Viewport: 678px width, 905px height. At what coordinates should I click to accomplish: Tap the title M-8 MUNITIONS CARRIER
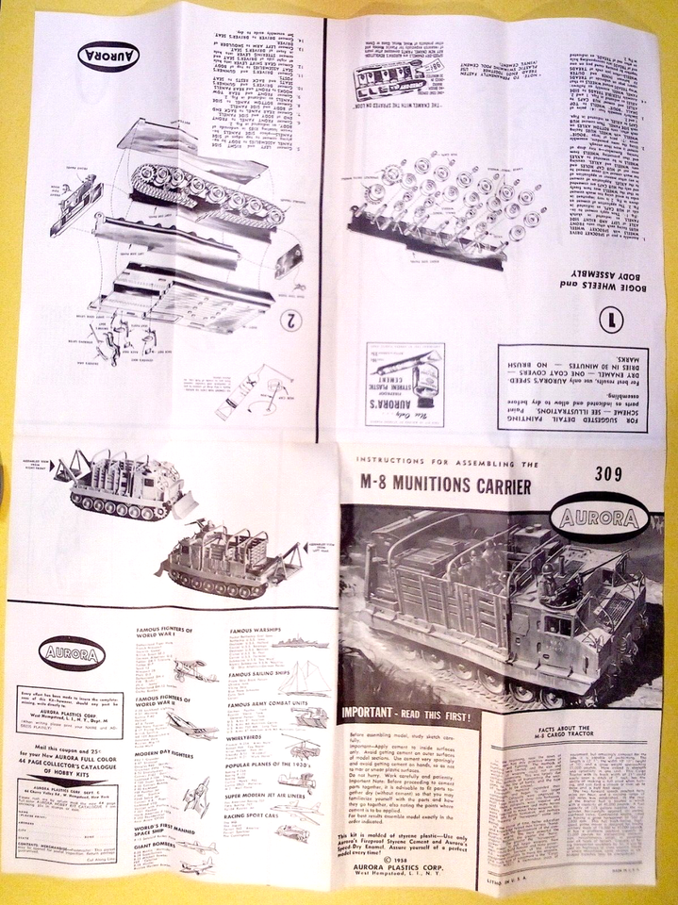pyautogui.click(x=438, y=486)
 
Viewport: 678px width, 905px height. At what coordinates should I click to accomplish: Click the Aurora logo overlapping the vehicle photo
pyautogui.click(x=600, y=519)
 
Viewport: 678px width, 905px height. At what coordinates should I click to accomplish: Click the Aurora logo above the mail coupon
pyautogui.click(x=73, y=652)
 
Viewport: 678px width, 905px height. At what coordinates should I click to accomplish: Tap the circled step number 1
pyautogui.click(x=614, y=319)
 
